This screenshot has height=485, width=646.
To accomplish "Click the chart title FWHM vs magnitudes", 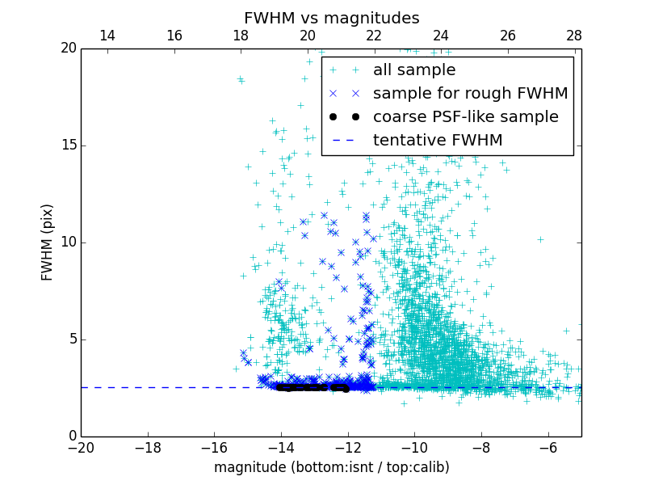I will (331, 18).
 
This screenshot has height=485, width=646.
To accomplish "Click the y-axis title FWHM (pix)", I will (48, 242).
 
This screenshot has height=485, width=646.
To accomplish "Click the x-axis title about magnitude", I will (331, 467).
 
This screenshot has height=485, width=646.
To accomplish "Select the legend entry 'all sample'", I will (413, 70).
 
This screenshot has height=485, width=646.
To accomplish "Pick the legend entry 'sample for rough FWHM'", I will (470, 94).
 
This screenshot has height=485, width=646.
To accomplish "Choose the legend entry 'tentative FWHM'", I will (437, 141).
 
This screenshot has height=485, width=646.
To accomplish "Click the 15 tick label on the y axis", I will (68, 145).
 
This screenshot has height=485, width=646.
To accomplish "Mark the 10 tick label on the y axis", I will (68, 242).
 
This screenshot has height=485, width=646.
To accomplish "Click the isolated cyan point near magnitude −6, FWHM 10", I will (540, 239).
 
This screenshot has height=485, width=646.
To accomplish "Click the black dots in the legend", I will (344, 117).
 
